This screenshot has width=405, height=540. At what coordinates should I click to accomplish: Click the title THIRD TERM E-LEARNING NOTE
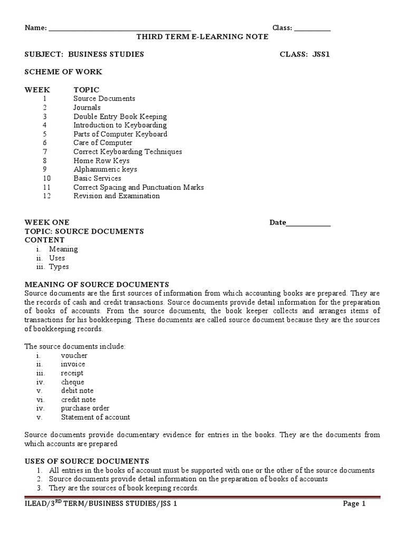(x=202, y=37)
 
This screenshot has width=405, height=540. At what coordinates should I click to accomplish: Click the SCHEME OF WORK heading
(x=63, y=72)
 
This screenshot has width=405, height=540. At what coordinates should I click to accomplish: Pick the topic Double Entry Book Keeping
(x=120, y=117)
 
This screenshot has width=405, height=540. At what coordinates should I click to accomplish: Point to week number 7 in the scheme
(x=45, y=152)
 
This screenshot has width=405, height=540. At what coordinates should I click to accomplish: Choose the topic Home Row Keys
(x=101, y=161)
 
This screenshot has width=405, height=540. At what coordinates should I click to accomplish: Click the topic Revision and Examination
(x=117, y=196)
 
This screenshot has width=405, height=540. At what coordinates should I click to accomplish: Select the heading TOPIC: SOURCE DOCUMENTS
(x=84, y=232)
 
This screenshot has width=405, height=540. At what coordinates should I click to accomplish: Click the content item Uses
(x=57, y=258)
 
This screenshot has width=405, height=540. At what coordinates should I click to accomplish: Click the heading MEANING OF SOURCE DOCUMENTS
(x=97, y=284)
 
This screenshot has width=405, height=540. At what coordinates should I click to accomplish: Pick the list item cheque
(x=72, y=382)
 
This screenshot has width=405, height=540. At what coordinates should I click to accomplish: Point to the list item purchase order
(x=85, y=409)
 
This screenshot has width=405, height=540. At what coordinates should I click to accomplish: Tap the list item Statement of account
(x=95, y=418)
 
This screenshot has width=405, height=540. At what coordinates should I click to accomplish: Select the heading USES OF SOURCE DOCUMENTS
(x=87, y=461)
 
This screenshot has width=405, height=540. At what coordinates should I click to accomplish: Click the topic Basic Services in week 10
(x=97, y=179)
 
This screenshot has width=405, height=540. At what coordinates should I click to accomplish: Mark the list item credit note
(x=78, y=400)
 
